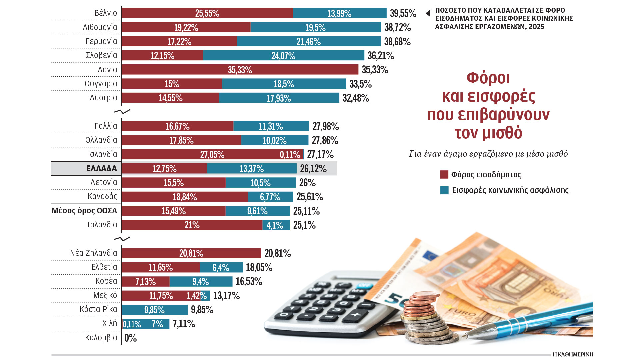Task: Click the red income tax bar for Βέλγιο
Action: (207, 13)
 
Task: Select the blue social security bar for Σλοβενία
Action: (283, 55)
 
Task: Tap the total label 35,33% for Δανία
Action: (375, 70)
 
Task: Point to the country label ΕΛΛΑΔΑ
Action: (101, 168)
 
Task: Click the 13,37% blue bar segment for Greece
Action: (252, 169)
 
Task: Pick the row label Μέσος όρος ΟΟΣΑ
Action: (85, 211)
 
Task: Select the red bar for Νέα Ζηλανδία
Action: (191, 253)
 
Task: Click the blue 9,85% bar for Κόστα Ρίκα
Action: (155, 310)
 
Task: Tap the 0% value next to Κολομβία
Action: (131, 338)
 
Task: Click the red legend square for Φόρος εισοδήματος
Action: (444, 174)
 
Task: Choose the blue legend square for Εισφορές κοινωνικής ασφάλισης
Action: (444, 190)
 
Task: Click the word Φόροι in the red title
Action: (488, 78)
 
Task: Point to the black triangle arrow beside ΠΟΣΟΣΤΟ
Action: (428, 13)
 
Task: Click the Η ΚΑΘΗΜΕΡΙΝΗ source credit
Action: (573, 354)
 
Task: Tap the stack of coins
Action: (423, 320)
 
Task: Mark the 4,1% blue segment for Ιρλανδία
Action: (275, 225)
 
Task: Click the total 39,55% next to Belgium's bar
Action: (403, 13)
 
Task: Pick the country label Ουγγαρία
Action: (101, 83)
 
